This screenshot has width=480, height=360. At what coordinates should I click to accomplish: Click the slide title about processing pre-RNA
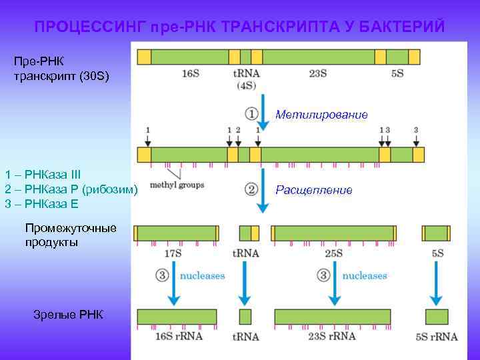point(239,27)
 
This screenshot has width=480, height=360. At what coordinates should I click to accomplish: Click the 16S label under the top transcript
point(190,73)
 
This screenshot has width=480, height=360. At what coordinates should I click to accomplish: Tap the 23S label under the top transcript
point(317,73)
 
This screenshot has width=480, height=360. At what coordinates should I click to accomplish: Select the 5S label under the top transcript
point(397,73)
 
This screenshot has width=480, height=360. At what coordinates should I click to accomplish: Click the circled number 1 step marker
point(251,114)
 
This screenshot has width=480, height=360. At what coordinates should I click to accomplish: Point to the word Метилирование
point(321,115)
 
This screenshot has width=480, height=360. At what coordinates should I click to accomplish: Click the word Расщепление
point(313,190)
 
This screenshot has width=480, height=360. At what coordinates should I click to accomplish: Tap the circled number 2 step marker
point(251,189)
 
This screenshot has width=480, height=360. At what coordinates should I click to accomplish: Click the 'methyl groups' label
point(177,185)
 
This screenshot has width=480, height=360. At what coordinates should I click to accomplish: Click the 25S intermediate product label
point(333,253)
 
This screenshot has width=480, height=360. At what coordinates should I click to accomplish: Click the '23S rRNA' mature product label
point(332,337)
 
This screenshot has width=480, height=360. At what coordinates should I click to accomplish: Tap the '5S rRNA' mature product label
point(437,337)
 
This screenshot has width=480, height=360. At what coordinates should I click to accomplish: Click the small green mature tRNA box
point(245,316)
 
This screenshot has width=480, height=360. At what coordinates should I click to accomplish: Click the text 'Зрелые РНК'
point(68,313)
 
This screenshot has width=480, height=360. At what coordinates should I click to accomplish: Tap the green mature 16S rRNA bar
point(177,316)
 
